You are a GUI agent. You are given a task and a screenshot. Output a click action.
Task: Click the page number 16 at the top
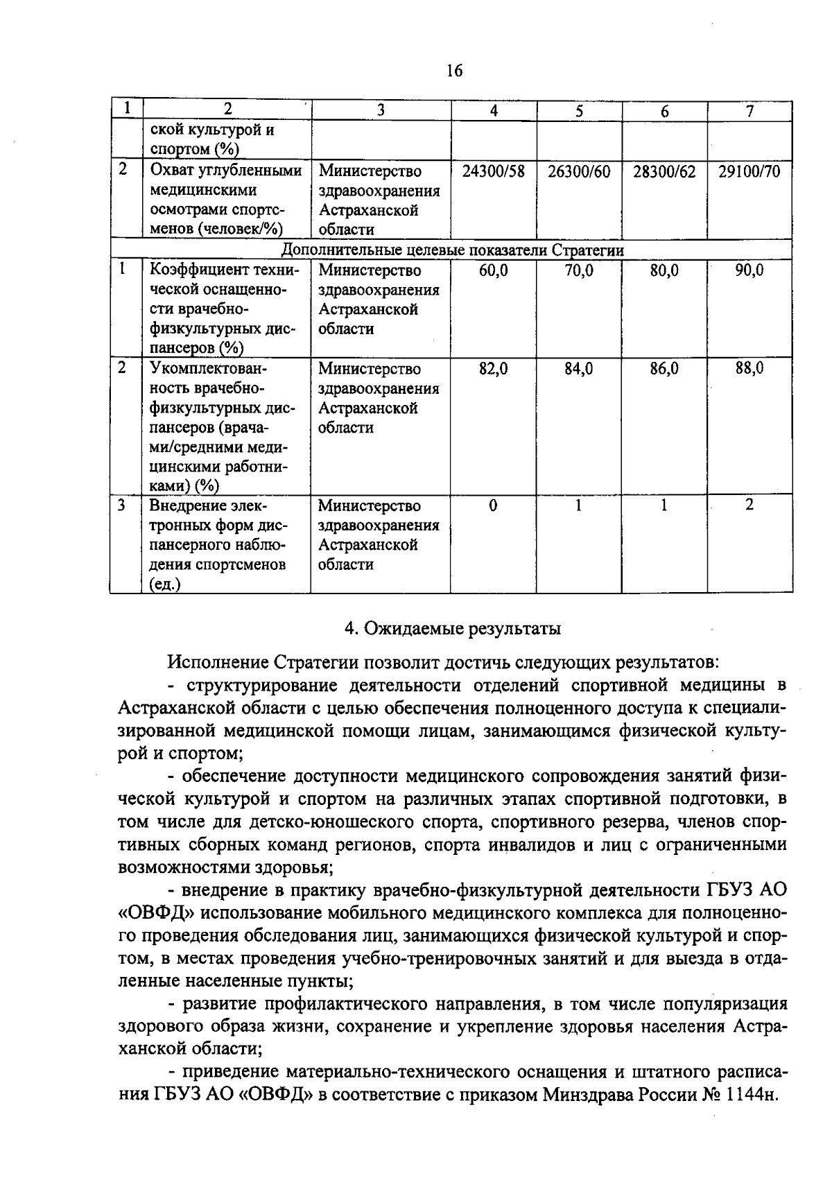pyautogui.click(x=454, y=71)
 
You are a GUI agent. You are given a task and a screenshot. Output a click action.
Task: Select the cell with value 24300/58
pyautogui.click(x=493, y=171)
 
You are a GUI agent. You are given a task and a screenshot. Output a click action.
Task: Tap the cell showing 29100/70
pyautogui.click(x=749, y=171)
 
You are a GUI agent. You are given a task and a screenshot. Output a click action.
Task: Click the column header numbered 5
pyautogui.click(x=579, y=111)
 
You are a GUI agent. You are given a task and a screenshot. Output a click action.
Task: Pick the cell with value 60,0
pyautogui.click(x=493, y=270)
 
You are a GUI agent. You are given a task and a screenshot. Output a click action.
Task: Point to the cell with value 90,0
pyautogui.click(x=749, y=270)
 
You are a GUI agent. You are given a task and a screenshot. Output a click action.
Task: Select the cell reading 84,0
pyautogui.click(x=578, y=369)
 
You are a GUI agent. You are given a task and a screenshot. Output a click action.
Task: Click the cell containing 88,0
pyautogui.click(x=749, y=369)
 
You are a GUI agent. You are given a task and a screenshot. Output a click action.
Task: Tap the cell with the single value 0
pyautogui.click(x=492, y=506)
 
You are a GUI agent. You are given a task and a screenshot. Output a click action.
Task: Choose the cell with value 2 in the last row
pyautogui.click(x=749, y=505)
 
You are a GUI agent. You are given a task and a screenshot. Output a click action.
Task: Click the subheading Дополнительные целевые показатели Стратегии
pyautogui.click(x=452, y=250)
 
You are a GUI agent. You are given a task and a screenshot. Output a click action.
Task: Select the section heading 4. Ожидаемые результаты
pyautogui.click(x=453, y=629)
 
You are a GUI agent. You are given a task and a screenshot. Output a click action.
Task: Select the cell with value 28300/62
pyautogui.click(x=664, y=171)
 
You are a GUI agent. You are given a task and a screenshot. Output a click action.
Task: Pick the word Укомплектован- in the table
pyautogui.click(x=208, y=369)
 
